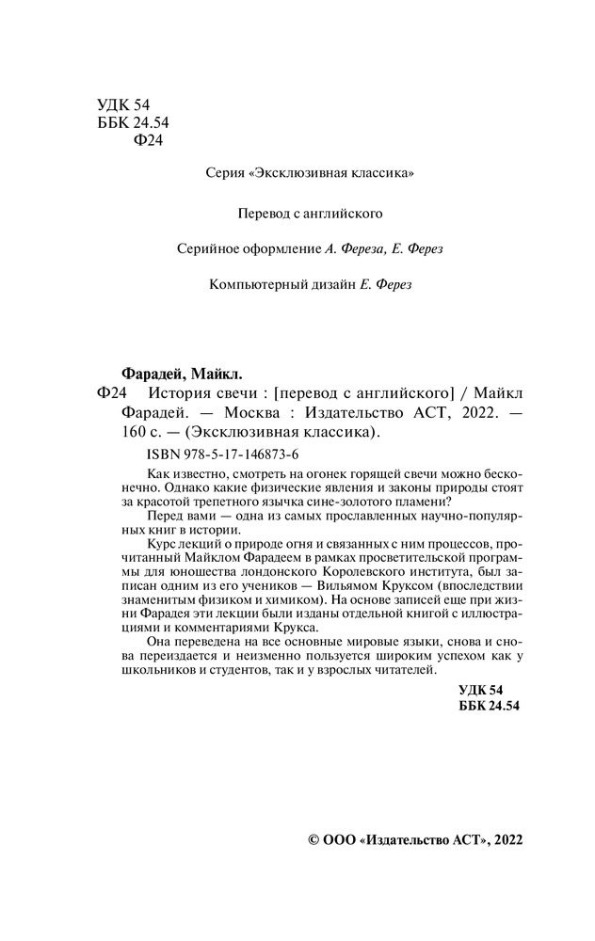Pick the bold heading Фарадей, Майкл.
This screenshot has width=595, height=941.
[185, 374]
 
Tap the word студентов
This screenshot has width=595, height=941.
[262, 672]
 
